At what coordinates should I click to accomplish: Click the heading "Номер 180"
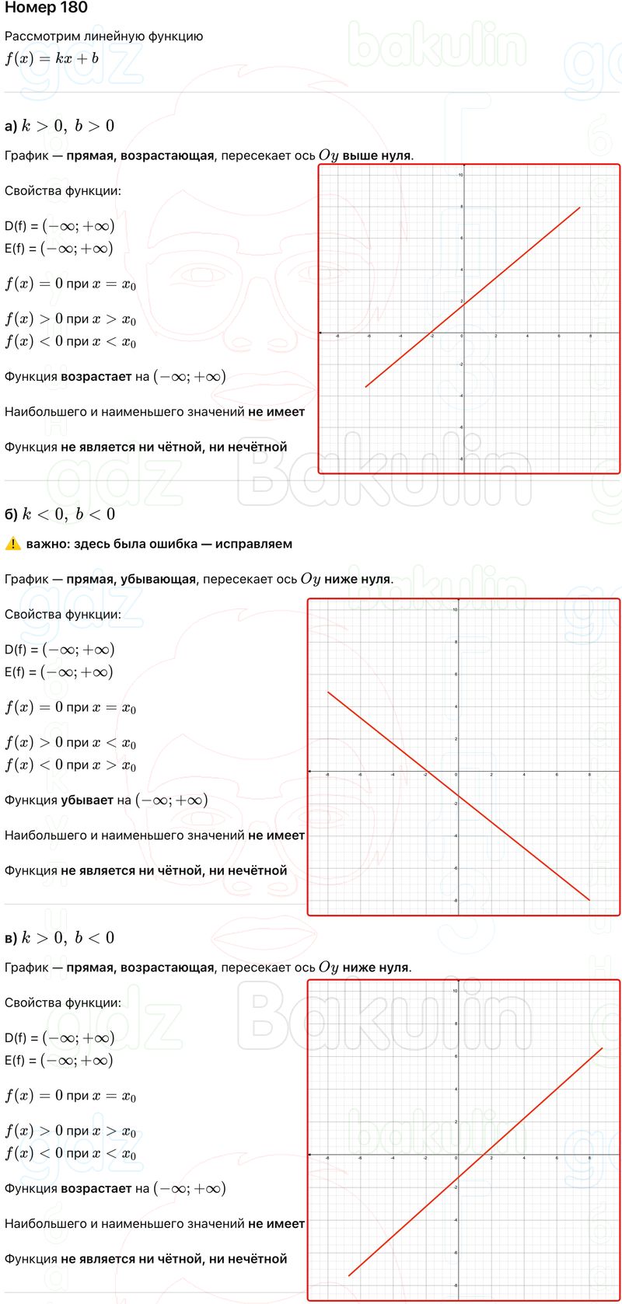46,9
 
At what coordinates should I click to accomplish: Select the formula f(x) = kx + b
51,58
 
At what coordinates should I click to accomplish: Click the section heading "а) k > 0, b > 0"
60,126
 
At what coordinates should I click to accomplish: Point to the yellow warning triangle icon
12,544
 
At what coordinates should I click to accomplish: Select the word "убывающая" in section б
165,579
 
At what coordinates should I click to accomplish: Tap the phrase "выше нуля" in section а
376,155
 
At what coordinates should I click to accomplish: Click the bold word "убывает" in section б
87,800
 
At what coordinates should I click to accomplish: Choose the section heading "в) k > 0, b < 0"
60,938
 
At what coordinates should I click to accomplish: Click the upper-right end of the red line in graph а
580,207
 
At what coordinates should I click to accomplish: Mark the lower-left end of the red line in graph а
365,386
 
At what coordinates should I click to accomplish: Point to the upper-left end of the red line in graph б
328,692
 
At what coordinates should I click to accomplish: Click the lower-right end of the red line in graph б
589,900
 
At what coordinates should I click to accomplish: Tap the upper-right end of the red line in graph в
603,1048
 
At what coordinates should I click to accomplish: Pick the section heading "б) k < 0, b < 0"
60,514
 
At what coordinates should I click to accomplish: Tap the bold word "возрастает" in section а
96,377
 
